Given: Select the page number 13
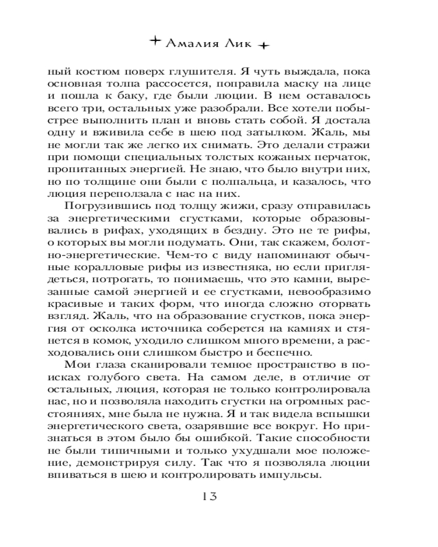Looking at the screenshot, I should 210,496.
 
